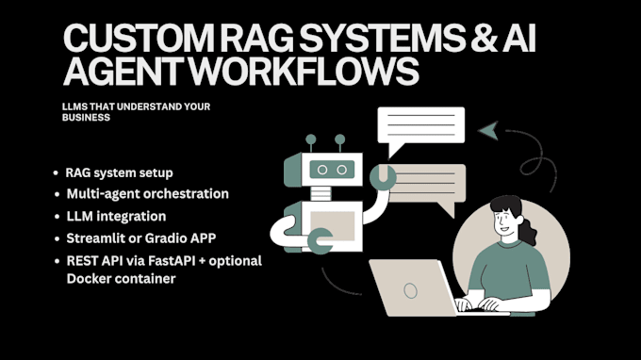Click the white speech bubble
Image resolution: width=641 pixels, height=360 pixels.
[420, 125]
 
